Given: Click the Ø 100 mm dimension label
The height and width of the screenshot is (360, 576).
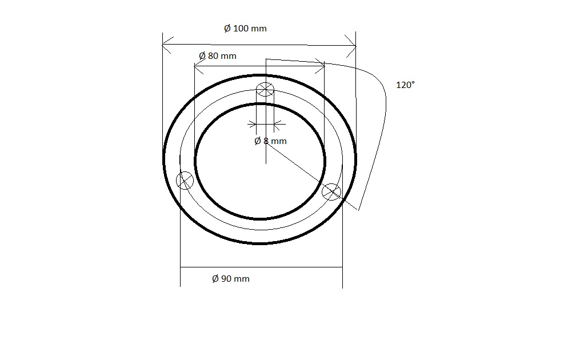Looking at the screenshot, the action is pos(245,29).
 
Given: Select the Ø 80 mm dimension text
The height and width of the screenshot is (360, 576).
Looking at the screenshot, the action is pos(218,56).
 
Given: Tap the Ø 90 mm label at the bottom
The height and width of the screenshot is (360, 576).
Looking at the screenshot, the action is pos(231,278).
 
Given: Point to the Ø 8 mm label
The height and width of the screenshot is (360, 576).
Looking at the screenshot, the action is pos(270,141).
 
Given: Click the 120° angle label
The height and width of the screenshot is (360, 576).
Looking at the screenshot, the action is pos(406,85).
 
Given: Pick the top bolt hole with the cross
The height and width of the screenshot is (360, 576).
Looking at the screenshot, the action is pos(265,89).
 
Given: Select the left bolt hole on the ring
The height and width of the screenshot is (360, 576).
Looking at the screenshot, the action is pos(185,181).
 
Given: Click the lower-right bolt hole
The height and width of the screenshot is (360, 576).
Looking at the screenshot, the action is pos(331,192).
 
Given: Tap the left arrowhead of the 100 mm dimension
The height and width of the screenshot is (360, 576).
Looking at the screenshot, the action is pos(167,45).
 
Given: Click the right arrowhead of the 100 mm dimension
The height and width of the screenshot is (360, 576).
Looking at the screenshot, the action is pos(351,46).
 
